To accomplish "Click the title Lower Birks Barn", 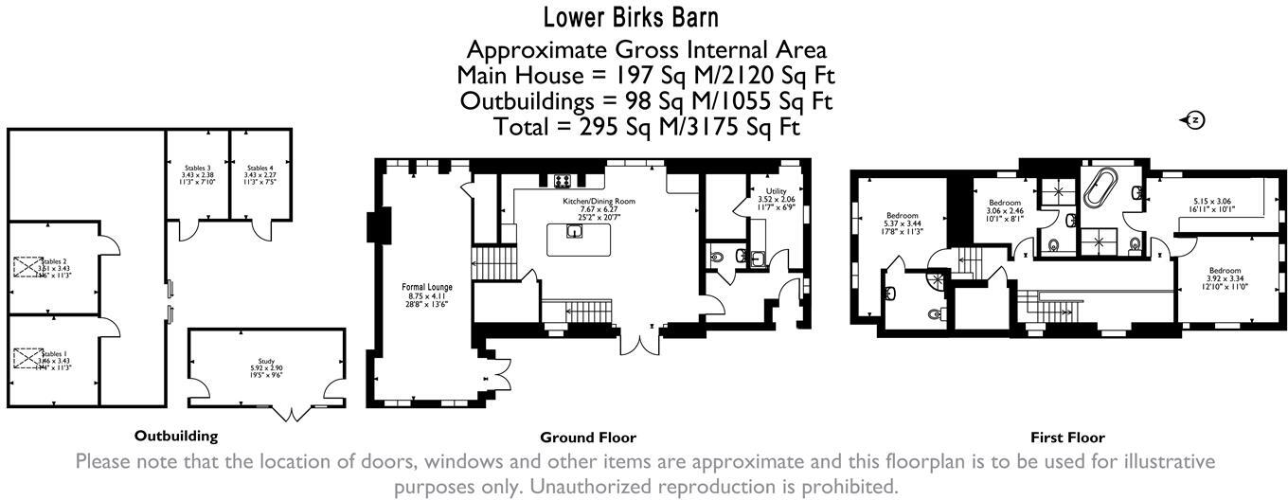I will (644, 17).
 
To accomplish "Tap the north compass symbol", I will (1195, 119).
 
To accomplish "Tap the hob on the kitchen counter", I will (560, 182).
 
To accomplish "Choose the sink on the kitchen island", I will (574, 231).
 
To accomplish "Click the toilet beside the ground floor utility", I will (716, 256).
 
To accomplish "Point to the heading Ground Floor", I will (587, 437).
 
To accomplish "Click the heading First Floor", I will (1067, 437).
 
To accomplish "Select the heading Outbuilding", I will (176, 436).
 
